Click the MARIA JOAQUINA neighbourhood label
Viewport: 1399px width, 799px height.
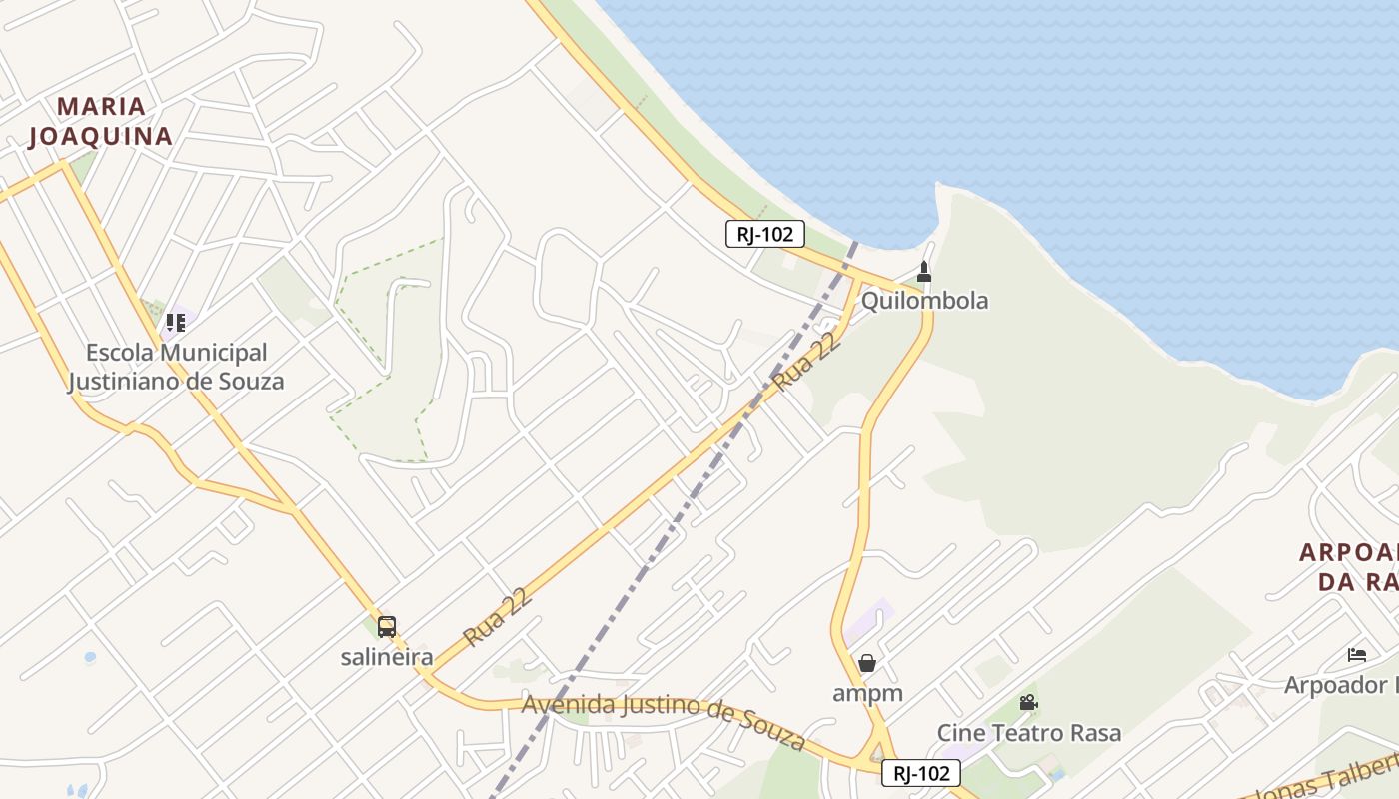pyautogui.click(x=100, y=121)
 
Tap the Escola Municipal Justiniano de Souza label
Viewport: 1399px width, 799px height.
pyautogui.click(x=176, y=367)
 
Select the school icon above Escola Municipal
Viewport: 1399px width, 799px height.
pyautogui.click(x=176, y=323)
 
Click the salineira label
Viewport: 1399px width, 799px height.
pyautogui.click(x=387, y=657)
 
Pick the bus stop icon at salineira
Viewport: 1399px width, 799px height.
pyautogui.click(x=387, y=627)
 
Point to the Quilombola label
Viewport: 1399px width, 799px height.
pyautogui.click(x=924, y=301)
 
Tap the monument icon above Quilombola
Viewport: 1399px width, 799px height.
pyautogui.click(x=924, y=271)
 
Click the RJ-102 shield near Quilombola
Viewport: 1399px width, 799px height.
pyautogui.click(x=764, y=235)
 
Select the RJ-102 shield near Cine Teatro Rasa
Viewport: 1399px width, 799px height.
pyautogui.click(x=920, y=773)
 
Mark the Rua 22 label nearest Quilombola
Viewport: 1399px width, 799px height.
pyautogui.click(x=805, y=362)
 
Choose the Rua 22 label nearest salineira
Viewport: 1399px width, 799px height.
pyautogui.click(x=497, y=617)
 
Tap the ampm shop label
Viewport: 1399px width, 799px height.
pyautogui.click(x=867, y=693)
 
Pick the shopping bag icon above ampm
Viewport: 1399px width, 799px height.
pyautogui.click(x=867, y=663)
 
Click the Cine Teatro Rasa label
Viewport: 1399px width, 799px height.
pyautogui.click(x=1028, y=733)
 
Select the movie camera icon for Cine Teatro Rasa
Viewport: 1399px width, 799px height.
pyautogui.click(x=1028, y=703)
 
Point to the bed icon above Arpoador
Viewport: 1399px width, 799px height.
pyautogui.click(x=1356, y=655)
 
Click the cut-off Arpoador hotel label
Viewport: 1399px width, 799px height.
pyautogui.click(x=1341, y=685)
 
